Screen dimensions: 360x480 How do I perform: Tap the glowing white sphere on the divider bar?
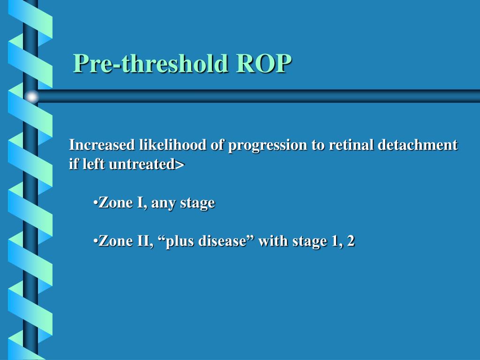(x=31, y=97)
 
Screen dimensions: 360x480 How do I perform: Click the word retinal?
(x=351, y=145)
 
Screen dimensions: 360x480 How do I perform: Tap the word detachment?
(x=418, y=145)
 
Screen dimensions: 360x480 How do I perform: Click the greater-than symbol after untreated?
(x=181, y=165)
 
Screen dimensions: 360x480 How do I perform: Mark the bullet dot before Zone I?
(x=95, y=203)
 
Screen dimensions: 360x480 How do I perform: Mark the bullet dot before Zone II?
(x=95, y=241)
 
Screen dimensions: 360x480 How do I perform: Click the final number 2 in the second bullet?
(x=350, y=241)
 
